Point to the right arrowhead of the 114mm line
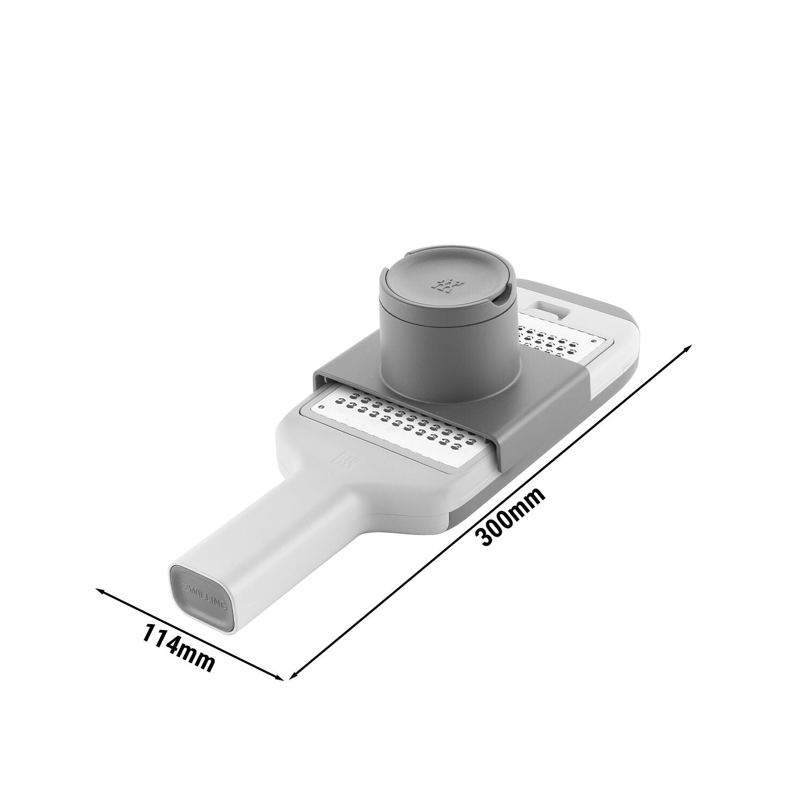(278, 677)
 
